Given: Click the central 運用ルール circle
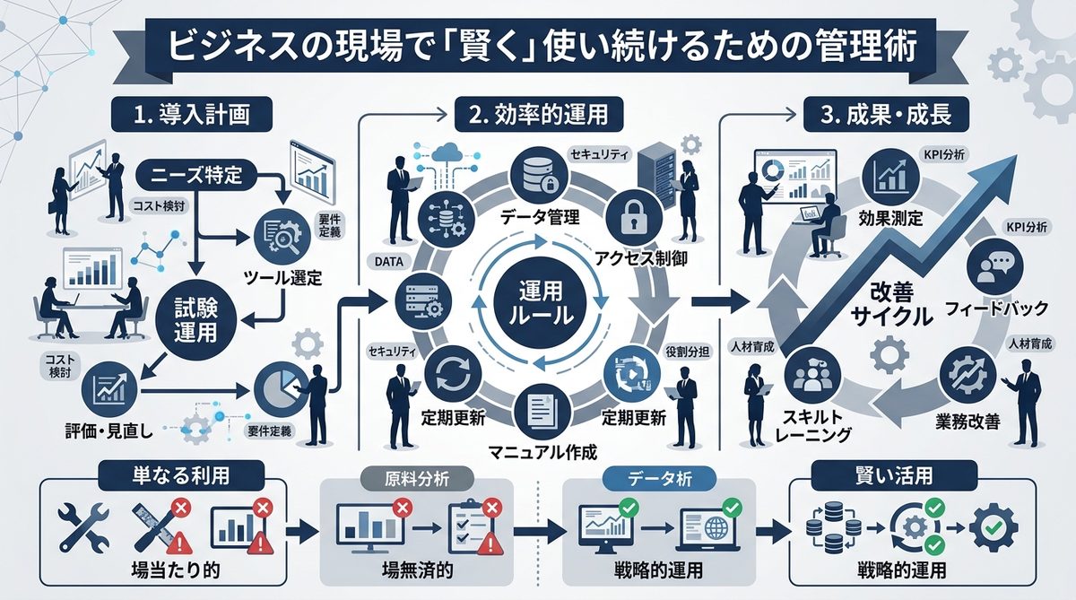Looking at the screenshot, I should pos(540,303).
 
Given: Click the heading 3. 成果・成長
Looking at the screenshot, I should pos(887,115).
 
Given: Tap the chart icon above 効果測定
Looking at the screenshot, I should pos(891,172).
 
